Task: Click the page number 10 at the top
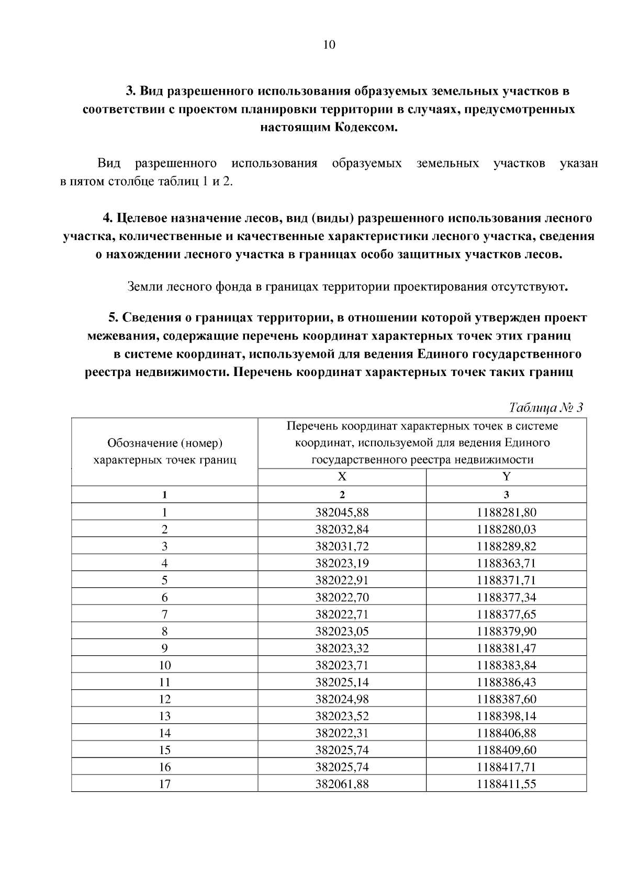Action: (329, 45)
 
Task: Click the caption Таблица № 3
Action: (546, 408)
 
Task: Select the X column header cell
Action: (342, 477)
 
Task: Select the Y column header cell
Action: (506, 477)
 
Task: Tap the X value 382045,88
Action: (342, 512)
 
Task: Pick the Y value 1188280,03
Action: (506, 529)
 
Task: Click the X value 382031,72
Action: (342, 546)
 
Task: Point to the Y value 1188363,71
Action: (506, 563)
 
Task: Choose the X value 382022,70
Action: (342, 597)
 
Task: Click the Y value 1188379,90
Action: (506, 631)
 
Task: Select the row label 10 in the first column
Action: (165, 665)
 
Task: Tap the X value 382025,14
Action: (342, 682)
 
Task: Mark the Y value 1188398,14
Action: (506, 716)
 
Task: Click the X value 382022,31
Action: (342, 733)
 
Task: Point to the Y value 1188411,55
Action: (506, 784)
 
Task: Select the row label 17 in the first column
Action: (165, 784)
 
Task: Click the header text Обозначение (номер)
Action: (165, 443)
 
